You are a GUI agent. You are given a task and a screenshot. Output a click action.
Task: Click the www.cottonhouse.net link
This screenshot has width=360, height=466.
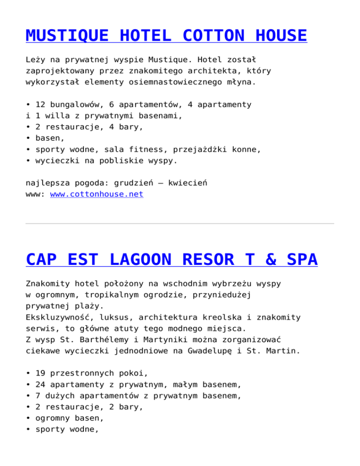click(x=97, y=194)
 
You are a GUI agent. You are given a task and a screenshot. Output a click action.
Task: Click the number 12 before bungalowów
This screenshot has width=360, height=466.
click(x=40, y=104)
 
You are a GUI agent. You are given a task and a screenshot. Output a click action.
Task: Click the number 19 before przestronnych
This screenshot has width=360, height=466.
click(x=40, y=374)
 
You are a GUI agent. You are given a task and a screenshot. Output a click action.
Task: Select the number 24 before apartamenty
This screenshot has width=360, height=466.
click(x=40, y=385)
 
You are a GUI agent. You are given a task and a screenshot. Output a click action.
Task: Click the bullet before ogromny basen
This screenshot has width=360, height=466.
click(x=29, y=419)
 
